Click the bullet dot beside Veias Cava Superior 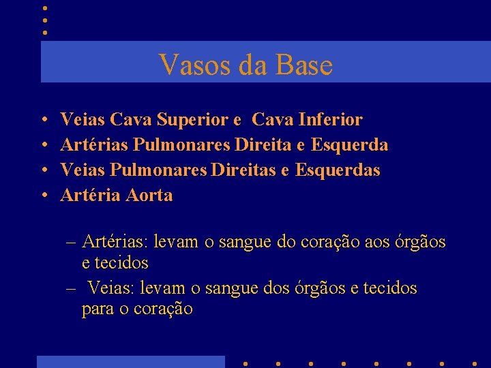tap(43, 121)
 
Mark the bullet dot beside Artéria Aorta tap(43, 196)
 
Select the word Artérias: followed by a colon tap(115, 242)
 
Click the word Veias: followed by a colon tap(111, 288)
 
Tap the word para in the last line tap(98, 309)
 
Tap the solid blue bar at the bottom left tap(130, 361)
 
